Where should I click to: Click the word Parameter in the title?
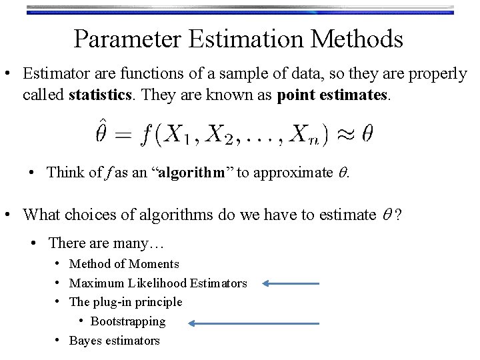127,39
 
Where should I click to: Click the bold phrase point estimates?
331,95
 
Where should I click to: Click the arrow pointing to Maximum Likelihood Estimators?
291,283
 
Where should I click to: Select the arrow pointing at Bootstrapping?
253,323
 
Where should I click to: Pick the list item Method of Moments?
124,264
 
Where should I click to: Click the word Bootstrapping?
128,321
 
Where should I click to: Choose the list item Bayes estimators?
115,341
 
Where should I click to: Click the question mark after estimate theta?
398,215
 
